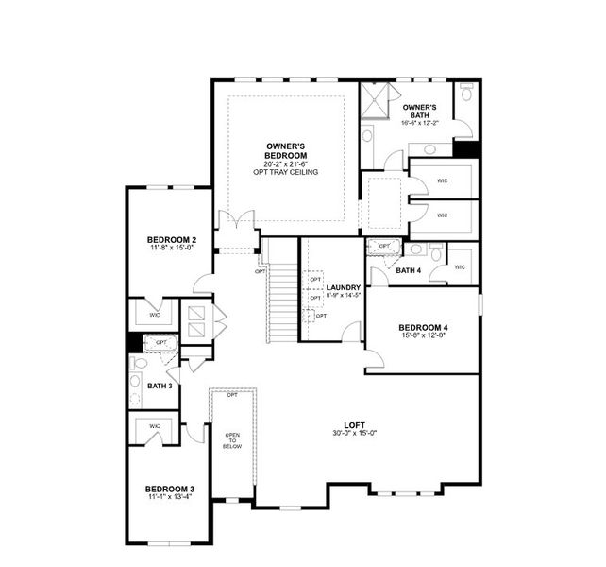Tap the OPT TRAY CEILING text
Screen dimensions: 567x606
pos(284,172)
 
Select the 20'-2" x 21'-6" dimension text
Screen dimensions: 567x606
pos(284,163)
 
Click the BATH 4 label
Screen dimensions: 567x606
pos(409,270)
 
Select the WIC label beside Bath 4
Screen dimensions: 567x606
pos(460,267)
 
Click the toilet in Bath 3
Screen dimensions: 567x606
pos(138,363)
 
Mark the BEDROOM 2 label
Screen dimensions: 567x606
pos(171,241)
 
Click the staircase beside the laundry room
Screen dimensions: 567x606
pos(280,293)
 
